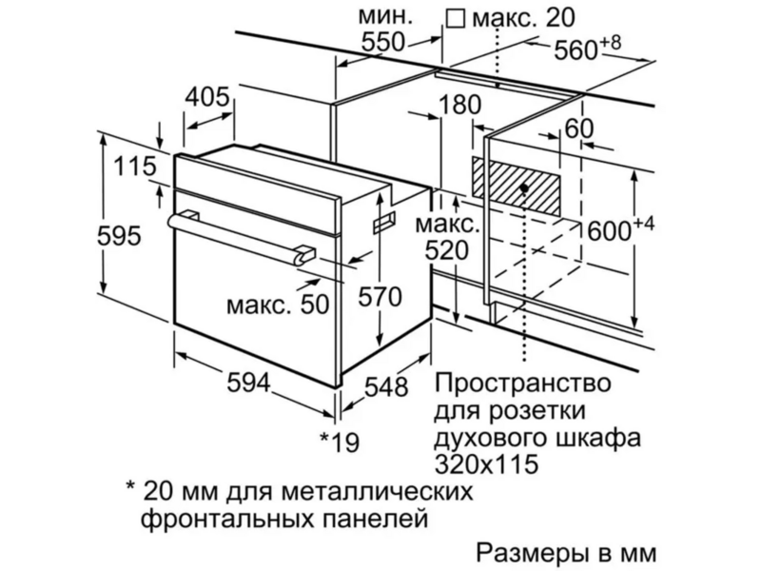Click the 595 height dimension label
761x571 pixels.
tap(120, 236)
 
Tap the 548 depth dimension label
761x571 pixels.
tap(386, 387)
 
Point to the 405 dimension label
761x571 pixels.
tap(207, 97)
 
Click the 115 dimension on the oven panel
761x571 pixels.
tap(135, 166)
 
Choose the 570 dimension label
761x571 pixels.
tap(380, 297)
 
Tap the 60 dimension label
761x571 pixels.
tap(579, 128)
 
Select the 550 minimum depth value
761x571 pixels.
tap(383, 42)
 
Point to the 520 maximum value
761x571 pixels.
tap(447, 251)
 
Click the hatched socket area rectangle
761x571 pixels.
tap(517, 187)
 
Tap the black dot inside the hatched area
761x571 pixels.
tap(524, 187)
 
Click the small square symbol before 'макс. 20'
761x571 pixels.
tap(456, 18)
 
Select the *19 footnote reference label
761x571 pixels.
tap(340, 441)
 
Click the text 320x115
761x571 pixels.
tap(486, 463)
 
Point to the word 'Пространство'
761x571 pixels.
tap(522, 384)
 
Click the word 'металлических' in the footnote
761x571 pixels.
tap(377, 492)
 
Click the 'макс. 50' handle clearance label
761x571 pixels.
tap(278, 305)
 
